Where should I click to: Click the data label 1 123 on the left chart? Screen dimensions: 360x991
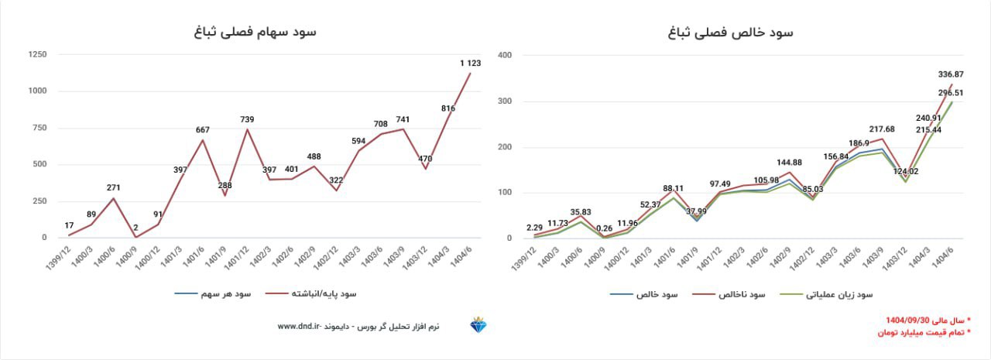click(x=471, y=63)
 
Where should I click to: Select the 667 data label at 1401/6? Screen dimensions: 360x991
click(x=204, y=130)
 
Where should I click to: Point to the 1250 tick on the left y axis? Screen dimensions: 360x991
click(x=36, y=55)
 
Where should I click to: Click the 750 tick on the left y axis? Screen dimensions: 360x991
click(x=38, y=128)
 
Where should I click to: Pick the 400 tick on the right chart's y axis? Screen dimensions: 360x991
click(x=504, y=55)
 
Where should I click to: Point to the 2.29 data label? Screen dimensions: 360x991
click(x=534, y=228)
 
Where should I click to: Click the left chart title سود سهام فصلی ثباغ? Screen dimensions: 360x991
click(x=255, y=32)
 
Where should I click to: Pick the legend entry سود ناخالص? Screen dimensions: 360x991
click(x=742, y=294)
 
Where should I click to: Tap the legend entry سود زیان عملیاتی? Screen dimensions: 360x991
click(x=840, y=294)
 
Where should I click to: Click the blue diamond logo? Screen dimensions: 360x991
click(x=479, y=326)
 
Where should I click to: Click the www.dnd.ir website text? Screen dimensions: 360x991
click(x=299, y=327)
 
